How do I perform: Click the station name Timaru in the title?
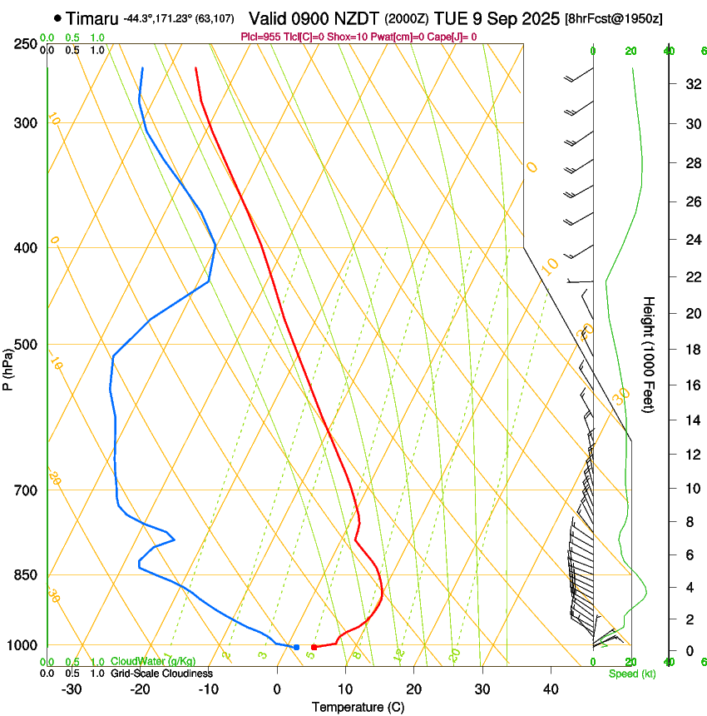[91, 18]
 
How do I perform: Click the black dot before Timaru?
[57, 17]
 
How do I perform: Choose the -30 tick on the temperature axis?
[72, 689]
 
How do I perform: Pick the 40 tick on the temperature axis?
[550, 689]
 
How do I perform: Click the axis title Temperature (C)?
[358, 707]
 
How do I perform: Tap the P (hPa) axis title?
[8, 366]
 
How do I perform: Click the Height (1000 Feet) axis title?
[650, 355]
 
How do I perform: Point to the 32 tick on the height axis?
[690, 84]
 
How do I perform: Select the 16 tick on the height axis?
[690, 385]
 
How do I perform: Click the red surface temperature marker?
[314, 647]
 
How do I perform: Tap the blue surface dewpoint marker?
[296, 647]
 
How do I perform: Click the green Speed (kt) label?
[632, 674]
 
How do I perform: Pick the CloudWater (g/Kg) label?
[153, 662]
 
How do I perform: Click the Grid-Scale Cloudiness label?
[161, 674]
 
